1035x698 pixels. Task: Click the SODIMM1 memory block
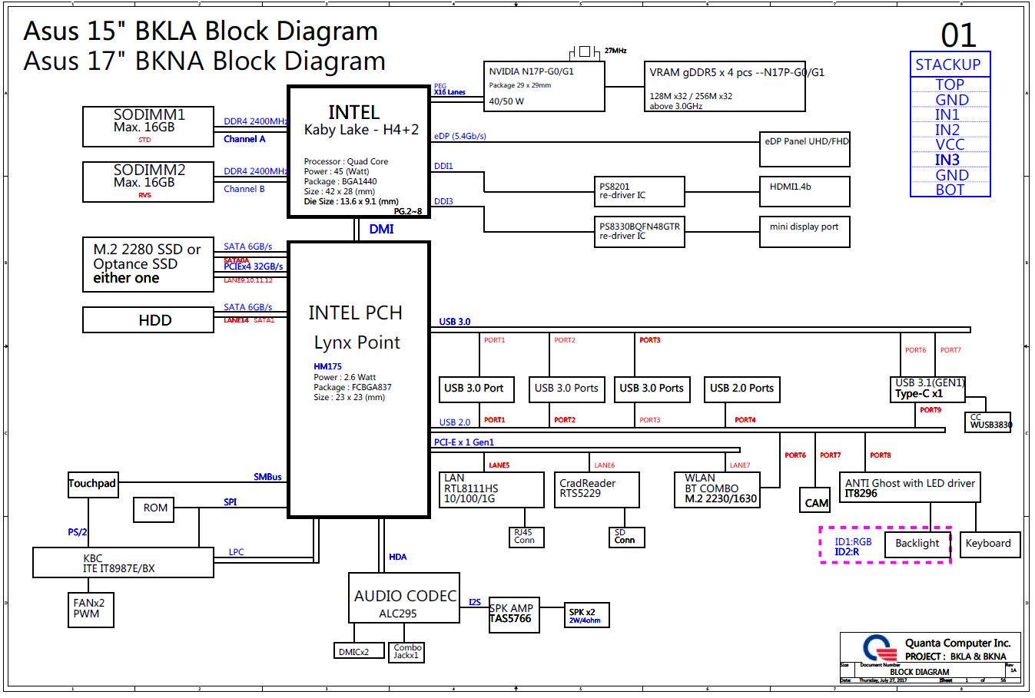[148, 126]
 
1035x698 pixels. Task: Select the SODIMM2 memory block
[148, 182]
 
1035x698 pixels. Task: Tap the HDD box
[148, 320]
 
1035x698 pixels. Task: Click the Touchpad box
[92, 484]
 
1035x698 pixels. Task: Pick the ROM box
[155, 508]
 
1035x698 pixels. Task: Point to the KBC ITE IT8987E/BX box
[123, 563]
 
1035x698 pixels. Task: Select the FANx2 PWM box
[90, 608]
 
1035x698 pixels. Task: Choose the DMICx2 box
[354, 651]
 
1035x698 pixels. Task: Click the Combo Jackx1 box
[406, 652]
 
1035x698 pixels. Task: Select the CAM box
[816, 501]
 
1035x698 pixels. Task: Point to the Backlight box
[917, 544]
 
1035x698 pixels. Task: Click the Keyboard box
[988, 544]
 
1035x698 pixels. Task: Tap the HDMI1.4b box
[804, 191]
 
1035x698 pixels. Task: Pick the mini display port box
[804, 232]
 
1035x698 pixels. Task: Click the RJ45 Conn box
[525, 537]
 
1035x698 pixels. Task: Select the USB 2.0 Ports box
[741, 389]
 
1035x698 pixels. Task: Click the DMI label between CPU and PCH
[381, 230]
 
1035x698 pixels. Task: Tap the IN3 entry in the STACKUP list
[947, 160]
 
